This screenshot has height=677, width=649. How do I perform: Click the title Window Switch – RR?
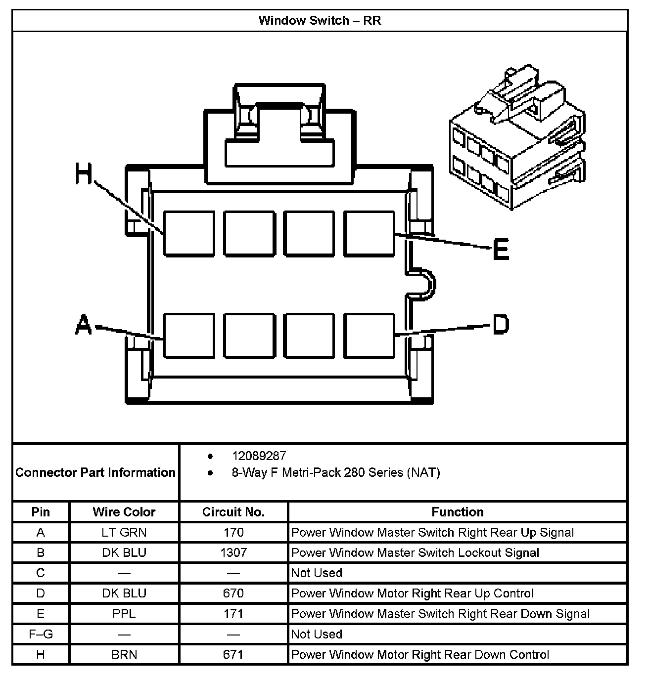tap(320, 21)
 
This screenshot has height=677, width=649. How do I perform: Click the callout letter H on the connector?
tap(84, 174)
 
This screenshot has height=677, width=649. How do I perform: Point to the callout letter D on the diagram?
tap(500, 325)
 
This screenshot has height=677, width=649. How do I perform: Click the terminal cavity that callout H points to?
tap(189, 234)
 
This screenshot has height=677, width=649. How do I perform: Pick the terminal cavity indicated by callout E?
tap(370, 234)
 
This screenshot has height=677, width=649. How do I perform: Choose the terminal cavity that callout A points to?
tap(189, 335)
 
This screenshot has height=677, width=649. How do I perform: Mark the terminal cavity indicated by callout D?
tap(370, 335)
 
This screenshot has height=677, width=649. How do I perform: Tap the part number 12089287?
tap(259, 456)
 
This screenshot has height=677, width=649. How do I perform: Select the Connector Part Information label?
tap(95, 472)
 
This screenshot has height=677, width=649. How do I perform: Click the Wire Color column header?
tap(124, 512)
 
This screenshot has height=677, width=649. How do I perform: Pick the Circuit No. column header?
tap(233, 512)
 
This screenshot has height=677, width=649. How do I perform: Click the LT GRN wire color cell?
tap(124, 532)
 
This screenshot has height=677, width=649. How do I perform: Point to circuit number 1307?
tap(233, 552)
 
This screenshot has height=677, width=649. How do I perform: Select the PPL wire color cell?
tap(124, 614)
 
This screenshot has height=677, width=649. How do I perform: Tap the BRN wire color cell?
tap(124, 655)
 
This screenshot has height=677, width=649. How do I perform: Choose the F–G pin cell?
tap(41, 634)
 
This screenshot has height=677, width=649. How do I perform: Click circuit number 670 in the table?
tap(233, 593)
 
